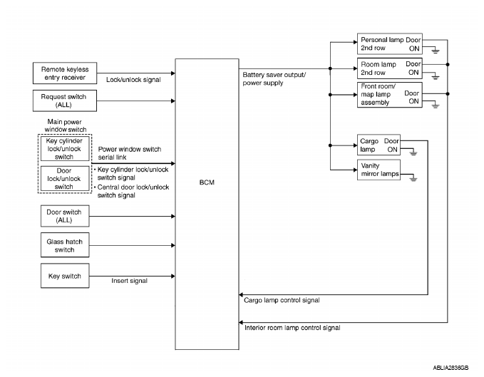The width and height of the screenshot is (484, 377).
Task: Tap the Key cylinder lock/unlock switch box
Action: [x=64, y=149]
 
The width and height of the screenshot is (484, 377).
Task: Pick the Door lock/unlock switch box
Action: [x=64, y=178]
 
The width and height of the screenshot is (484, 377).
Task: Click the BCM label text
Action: [x=206, y=182]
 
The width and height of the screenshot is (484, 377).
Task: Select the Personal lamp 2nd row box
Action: [x=389, y=43]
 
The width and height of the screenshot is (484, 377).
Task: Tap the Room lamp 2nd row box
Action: [x=389, y=68]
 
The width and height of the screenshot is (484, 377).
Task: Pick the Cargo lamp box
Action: [x=379, y=145]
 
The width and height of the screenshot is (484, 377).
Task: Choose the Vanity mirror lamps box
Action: [x=379, y=170]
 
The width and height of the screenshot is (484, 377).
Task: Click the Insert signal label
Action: [x=129, y=281]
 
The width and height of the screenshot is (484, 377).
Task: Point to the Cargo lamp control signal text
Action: [x=282, y=300]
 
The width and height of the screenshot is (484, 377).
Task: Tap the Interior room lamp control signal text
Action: [x=292, y=328]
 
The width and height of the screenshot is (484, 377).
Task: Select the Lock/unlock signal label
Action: [x=133, y=79]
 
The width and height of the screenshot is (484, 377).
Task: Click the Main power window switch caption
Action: [x=64, y=125]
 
